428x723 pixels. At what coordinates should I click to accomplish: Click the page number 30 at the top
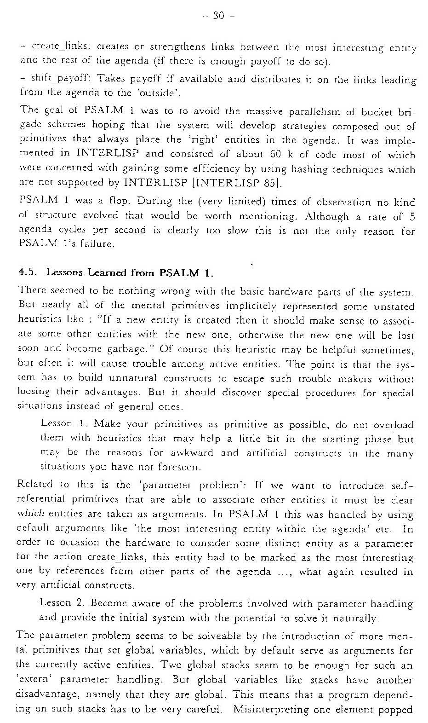tap(218, 16)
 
